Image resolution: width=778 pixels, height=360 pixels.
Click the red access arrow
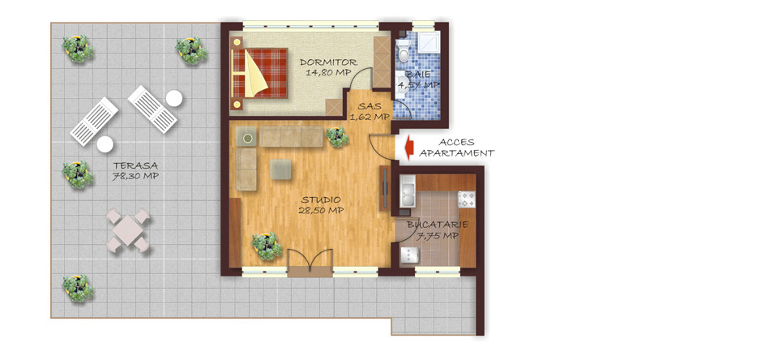pos(409,148)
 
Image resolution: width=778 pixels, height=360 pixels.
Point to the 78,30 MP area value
pos(135,176)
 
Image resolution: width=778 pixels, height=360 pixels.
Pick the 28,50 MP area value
pos(321,210)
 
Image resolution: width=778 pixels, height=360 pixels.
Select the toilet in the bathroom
pos(403,49)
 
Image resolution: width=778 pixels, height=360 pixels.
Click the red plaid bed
pos(259,73)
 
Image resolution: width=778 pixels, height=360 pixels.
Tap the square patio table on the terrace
pos(127,230)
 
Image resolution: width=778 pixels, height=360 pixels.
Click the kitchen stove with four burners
pos(467,199)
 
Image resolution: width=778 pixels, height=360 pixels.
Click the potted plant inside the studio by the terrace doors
pos(267,246)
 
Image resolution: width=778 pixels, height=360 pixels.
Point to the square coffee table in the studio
pos(281,169)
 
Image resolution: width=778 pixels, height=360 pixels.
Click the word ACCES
pos(456,143)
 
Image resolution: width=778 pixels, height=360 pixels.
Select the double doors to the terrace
pos(310,261)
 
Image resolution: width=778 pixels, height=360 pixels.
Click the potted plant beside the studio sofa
pos(337,137)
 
